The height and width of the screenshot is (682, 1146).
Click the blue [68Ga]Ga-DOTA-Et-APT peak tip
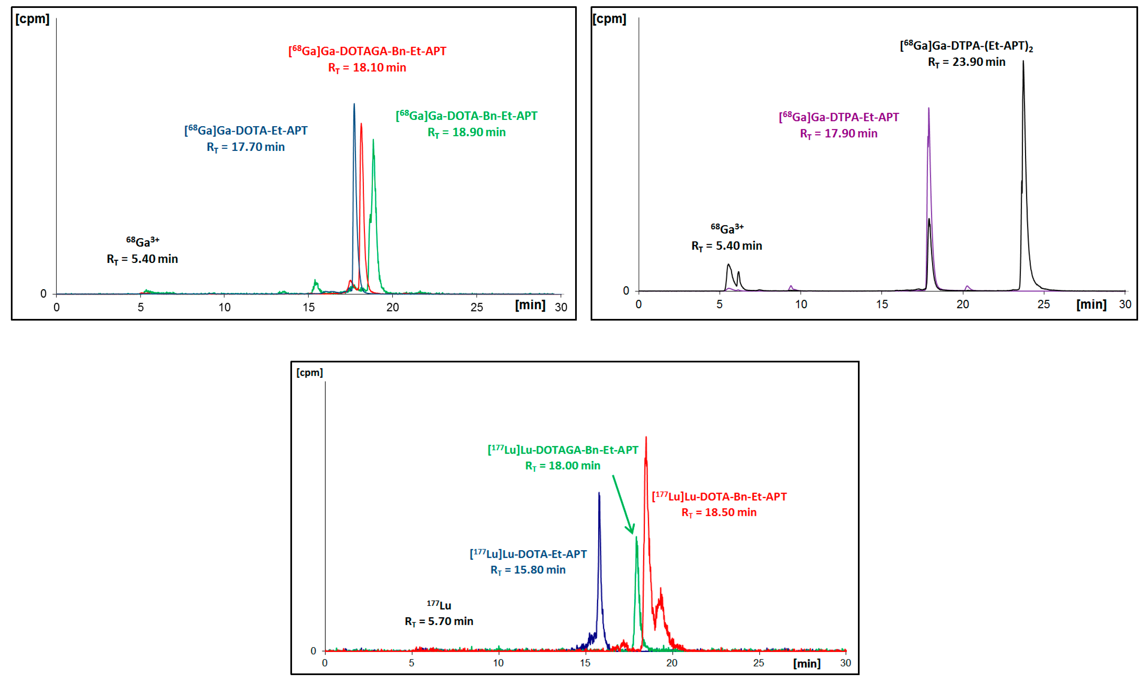(x=354, y=105)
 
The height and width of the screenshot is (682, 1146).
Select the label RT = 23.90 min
(x=966, y=62)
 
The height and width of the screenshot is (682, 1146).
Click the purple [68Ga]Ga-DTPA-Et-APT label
(x=838, y=117)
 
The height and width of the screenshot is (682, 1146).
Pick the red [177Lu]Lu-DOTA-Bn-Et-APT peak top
(x=646, y=438)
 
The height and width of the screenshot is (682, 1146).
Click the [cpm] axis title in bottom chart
(x=309, y=372)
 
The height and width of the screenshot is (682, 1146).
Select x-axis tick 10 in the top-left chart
(x=224, y=307)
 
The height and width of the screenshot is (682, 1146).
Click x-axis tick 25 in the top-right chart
(x=1043, y=304)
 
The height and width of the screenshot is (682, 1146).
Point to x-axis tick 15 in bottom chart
(x=585, y=663)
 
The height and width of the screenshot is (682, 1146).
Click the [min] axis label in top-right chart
(x=1091, y=304)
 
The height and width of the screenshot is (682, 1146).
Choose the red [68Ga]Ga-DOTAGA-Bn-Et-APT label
(x=367, y=51)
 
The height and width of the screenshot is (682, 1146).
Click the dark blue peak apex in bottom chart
(x=599, y=494)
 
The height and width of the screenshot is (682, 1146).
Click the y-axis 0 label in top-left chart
(x=44, y=293)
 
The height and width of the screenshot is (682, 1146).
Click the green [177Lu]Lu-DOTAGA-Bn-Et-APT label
(x=563, y=450)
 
